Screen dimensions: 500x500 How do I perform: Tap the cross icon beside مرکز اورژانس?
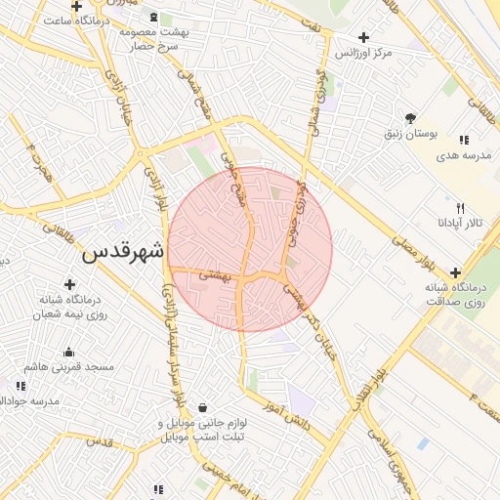(x=364, y=38)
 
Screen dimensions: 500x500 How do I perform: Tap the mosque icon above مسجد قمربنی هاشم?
(x=68, y=353)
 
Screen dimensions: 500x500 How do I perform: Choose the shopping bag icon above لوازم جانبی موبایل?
(x=202, y=407)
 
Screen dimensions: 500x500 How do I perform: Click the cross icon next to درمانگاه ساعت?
(x=76, y=7)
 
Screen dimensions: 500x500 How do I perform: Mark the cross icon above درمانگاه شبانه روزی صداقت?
(x=455, y=272)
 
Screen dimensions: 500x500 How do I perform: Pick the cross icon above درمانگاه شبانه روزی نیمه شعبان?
(x=68, y=284)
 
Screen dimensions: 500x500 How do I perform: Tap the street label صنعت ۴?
(x=482, y=402)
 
